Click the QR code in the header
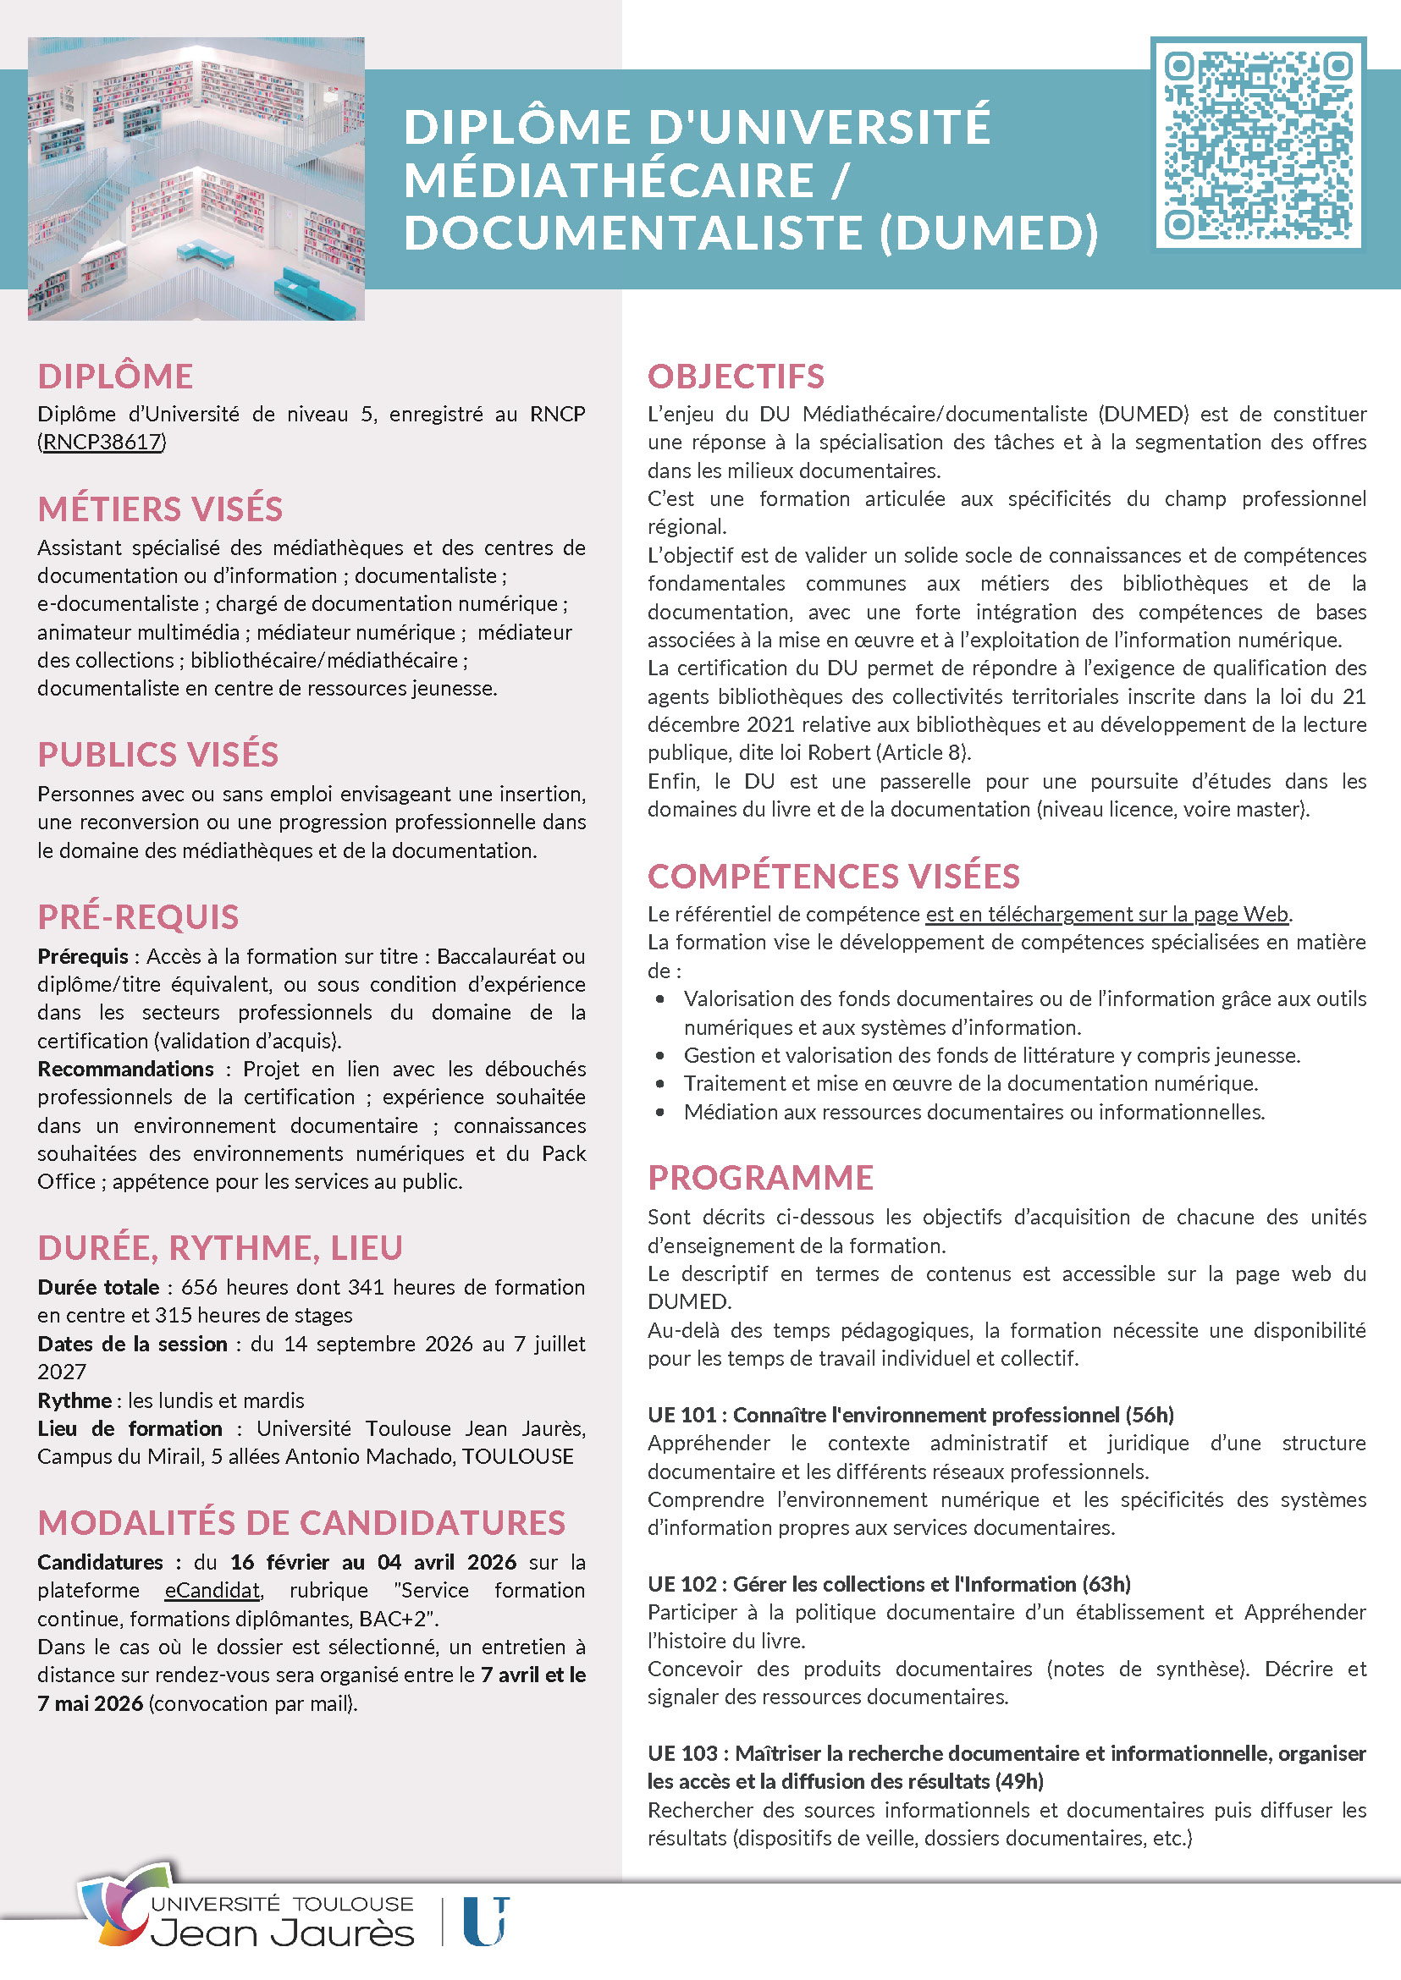coord(1258,143)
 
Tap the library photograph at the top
coord(196,179)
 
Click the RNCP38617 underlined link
coord(102,443)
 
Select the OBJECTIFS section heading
coord(736,377)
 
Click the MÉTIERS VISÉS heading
coord(160,509)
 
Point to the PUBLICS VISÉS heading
coord(157,756)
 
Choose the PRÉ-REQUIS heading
coord(138,917)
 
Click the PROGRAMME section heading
coord(761,1178)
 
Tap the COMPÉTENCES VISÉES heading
coord(833,877)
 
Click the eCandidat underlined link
coord(212,1590)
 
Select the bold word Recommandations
coord(125,1070)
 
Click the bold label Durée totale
coord(98,1288)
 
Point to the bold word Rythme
coord(74,1400)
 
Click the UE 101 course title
coord(910,1415)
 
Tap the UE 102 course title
coord(889,1584)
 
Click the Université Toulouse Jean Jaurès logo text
coord(282,1922)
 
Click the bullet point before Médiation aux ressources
coord(660,1113)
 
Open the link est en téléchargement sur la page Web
coord(1106,914)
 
